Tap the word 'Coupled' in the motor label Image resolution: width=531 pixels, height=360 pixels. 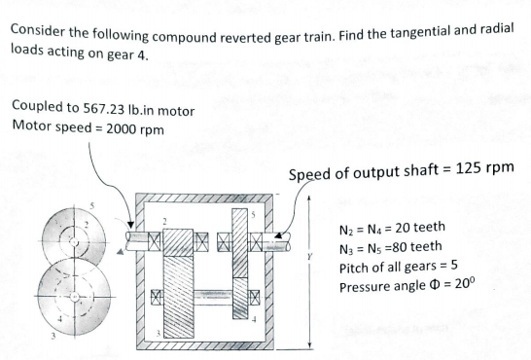point(34,110)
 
